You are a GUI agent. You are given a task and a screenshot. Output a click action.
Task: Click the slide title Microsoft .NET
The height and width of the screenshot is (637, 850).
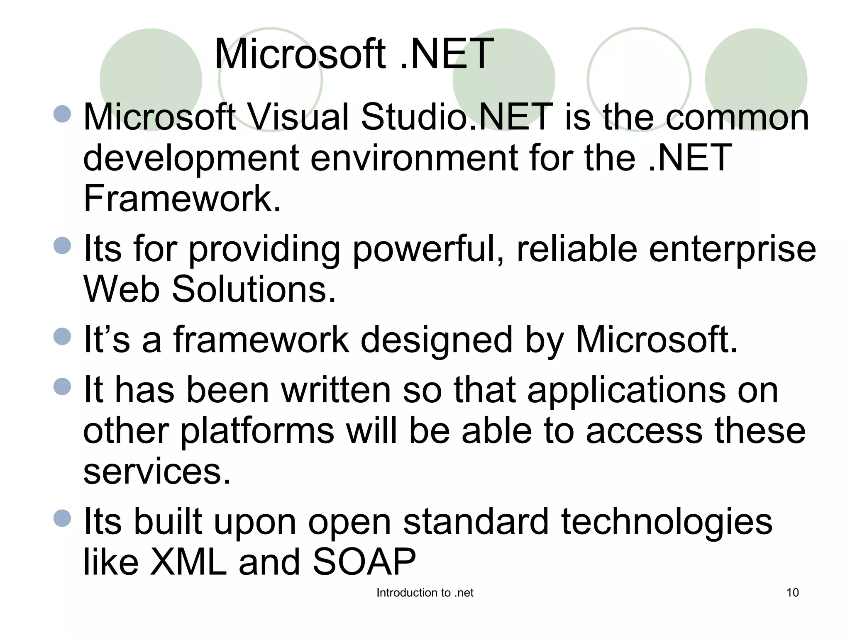point(354,54)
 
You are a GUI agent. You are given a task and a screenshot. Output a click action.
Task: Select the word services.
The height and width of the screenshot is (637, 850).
point(157,471)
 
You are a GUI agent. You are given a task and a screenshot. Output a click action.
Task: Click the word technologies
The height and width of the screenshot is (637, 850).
point(667,522)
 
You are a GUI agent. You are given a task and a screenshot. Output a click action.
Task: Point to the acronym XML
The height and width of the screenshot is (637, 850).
point(188,562)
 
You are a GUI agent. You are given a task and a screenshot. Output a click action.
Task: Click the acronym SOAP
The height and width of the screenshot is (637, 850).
point(364,562)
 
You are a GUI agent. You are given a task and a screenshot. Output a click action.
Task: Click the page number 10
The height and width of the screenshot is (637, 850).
point(792,593)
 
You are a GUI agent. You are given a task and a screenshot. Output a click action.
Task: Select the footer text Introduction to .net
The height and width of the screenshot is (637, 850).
point(425,593)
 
